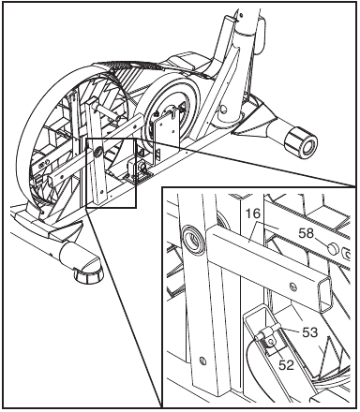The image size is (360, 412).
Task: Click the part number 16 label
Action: [252, 213]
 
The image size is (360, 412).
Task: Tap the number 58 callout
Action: [306, 233]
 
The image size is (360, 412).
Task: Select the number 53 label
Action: [309, 332]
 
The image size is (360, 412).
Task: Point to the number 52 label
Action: [286, 364]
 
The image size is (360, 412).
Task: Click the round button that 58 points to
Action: [333, 249]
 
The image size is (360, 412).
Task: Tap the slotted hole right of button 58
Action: [346, 253]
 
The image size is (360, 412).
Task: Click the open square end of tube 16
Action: [325, 295]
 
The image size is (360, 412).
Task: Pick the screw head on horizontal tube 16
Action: [293, 285]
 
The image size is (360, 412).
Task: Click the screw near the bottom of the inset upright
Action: [202, 361]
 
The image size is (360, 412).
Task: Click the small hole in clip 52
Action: [271, 342]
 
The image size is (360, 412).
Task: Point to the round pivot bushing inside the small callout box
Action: [97, 153]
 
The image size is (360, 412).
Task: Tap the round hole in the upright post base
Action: [223, 110]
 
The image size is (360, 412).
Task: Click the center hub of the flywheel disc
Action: [171, 110]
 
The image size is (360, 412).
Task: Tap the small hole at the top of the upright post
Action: [240, 14]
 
